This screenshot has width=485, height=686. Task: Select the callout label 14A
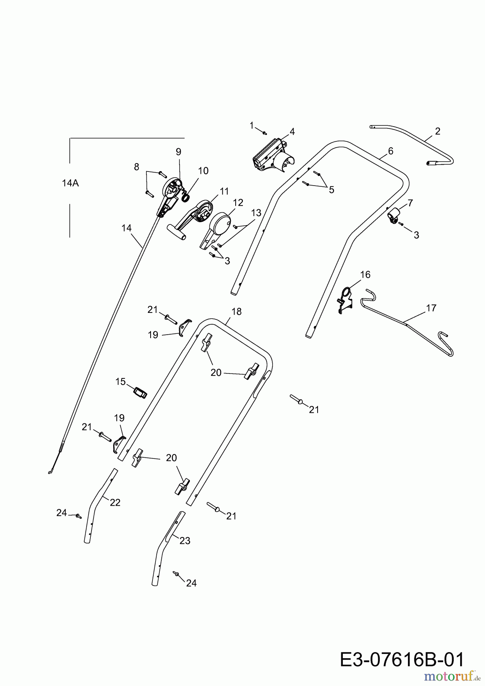coord(70,183)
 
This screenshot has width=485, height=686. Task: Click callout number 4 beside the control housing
coord(292,132)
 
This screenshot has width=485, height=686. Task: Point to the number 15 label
coord(120,381)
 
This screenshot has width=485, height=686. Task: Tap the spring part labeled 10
coord(185,197)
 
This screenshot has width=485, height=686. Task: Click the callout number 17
coord(431,308)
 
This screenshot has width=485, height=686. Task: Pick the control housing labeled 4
coord(271,157)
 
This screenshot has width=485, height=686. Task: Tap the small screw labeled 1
coord(265,133)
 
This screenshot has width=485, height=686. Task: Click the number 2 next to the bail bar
coord(437,131)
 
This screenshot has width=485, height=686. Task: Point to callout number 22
coord(115,503)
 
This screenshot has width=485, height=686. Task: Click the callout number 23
coord(185,540)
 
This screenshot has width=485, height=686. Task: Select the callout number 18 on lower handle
coord(236,312)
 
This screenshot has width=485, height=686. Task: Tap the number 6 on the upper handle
coord(390,151)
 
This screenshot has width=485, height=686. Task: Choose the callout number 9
coord(178,152)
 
